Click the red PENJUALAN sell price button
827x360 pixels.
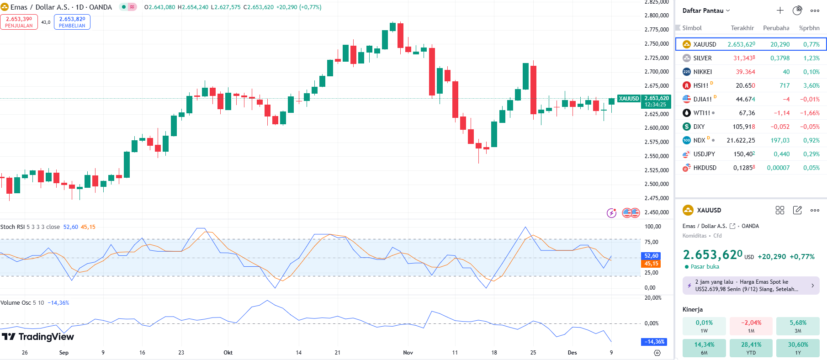[19, 22]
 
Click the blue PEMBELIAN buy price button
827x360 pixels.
[72, 22]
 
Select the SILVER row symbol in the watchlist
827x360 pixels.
[702, 58]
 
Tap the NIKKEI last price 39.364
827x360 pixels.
[745, 72]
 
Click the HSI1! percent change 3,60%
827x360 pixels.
[811, 85]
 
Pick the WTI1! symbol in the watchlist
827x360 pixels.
[701, 113]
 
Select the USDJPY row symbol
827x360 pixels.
[704, 154]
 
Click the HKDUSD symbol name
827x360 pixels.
[705, 168]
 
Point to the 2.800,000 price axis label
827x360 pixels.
[657, 16]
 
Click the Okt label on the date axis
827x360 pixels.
[228, 353]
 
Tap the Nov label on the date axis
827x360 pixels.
[408, 353]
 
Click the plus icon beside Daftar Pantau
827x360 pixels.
[780, 11]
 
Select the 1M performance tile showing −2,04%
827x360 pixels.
[751, 326]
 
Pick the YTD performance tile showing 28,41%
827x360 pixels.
[751, 348]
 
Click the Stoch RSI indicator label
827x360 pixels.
[13, 227]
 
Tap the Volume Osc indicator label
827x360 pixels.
[16, 303]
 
